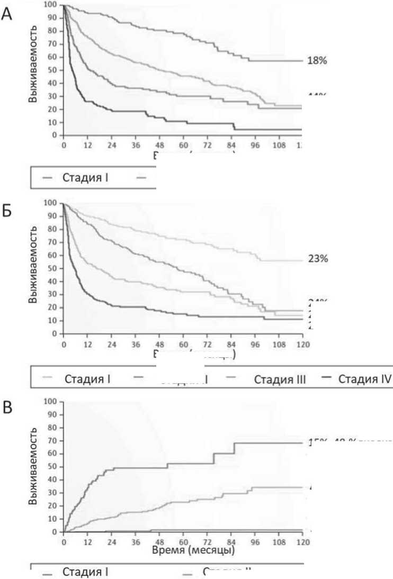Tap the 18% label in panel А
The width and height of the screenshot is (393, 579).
click(317, 61)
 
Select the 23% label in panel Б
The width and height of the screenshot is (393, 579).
click(318, 260)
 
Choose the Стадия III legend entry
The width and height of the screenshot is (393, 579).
click(280, 379)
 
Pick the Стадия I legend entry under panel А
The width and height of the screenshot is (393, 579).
click(86, 177)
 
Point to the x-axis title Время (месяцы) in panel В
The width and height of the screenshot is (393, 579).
click(193, 550)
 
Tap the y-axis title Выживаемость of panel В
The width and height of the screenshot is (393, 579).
click(33, 467)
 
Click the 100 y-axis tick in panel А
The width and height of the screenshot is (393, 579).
click(51, 5)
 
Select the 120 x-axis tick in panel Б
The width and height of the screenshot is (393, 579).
click(302, 343)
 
